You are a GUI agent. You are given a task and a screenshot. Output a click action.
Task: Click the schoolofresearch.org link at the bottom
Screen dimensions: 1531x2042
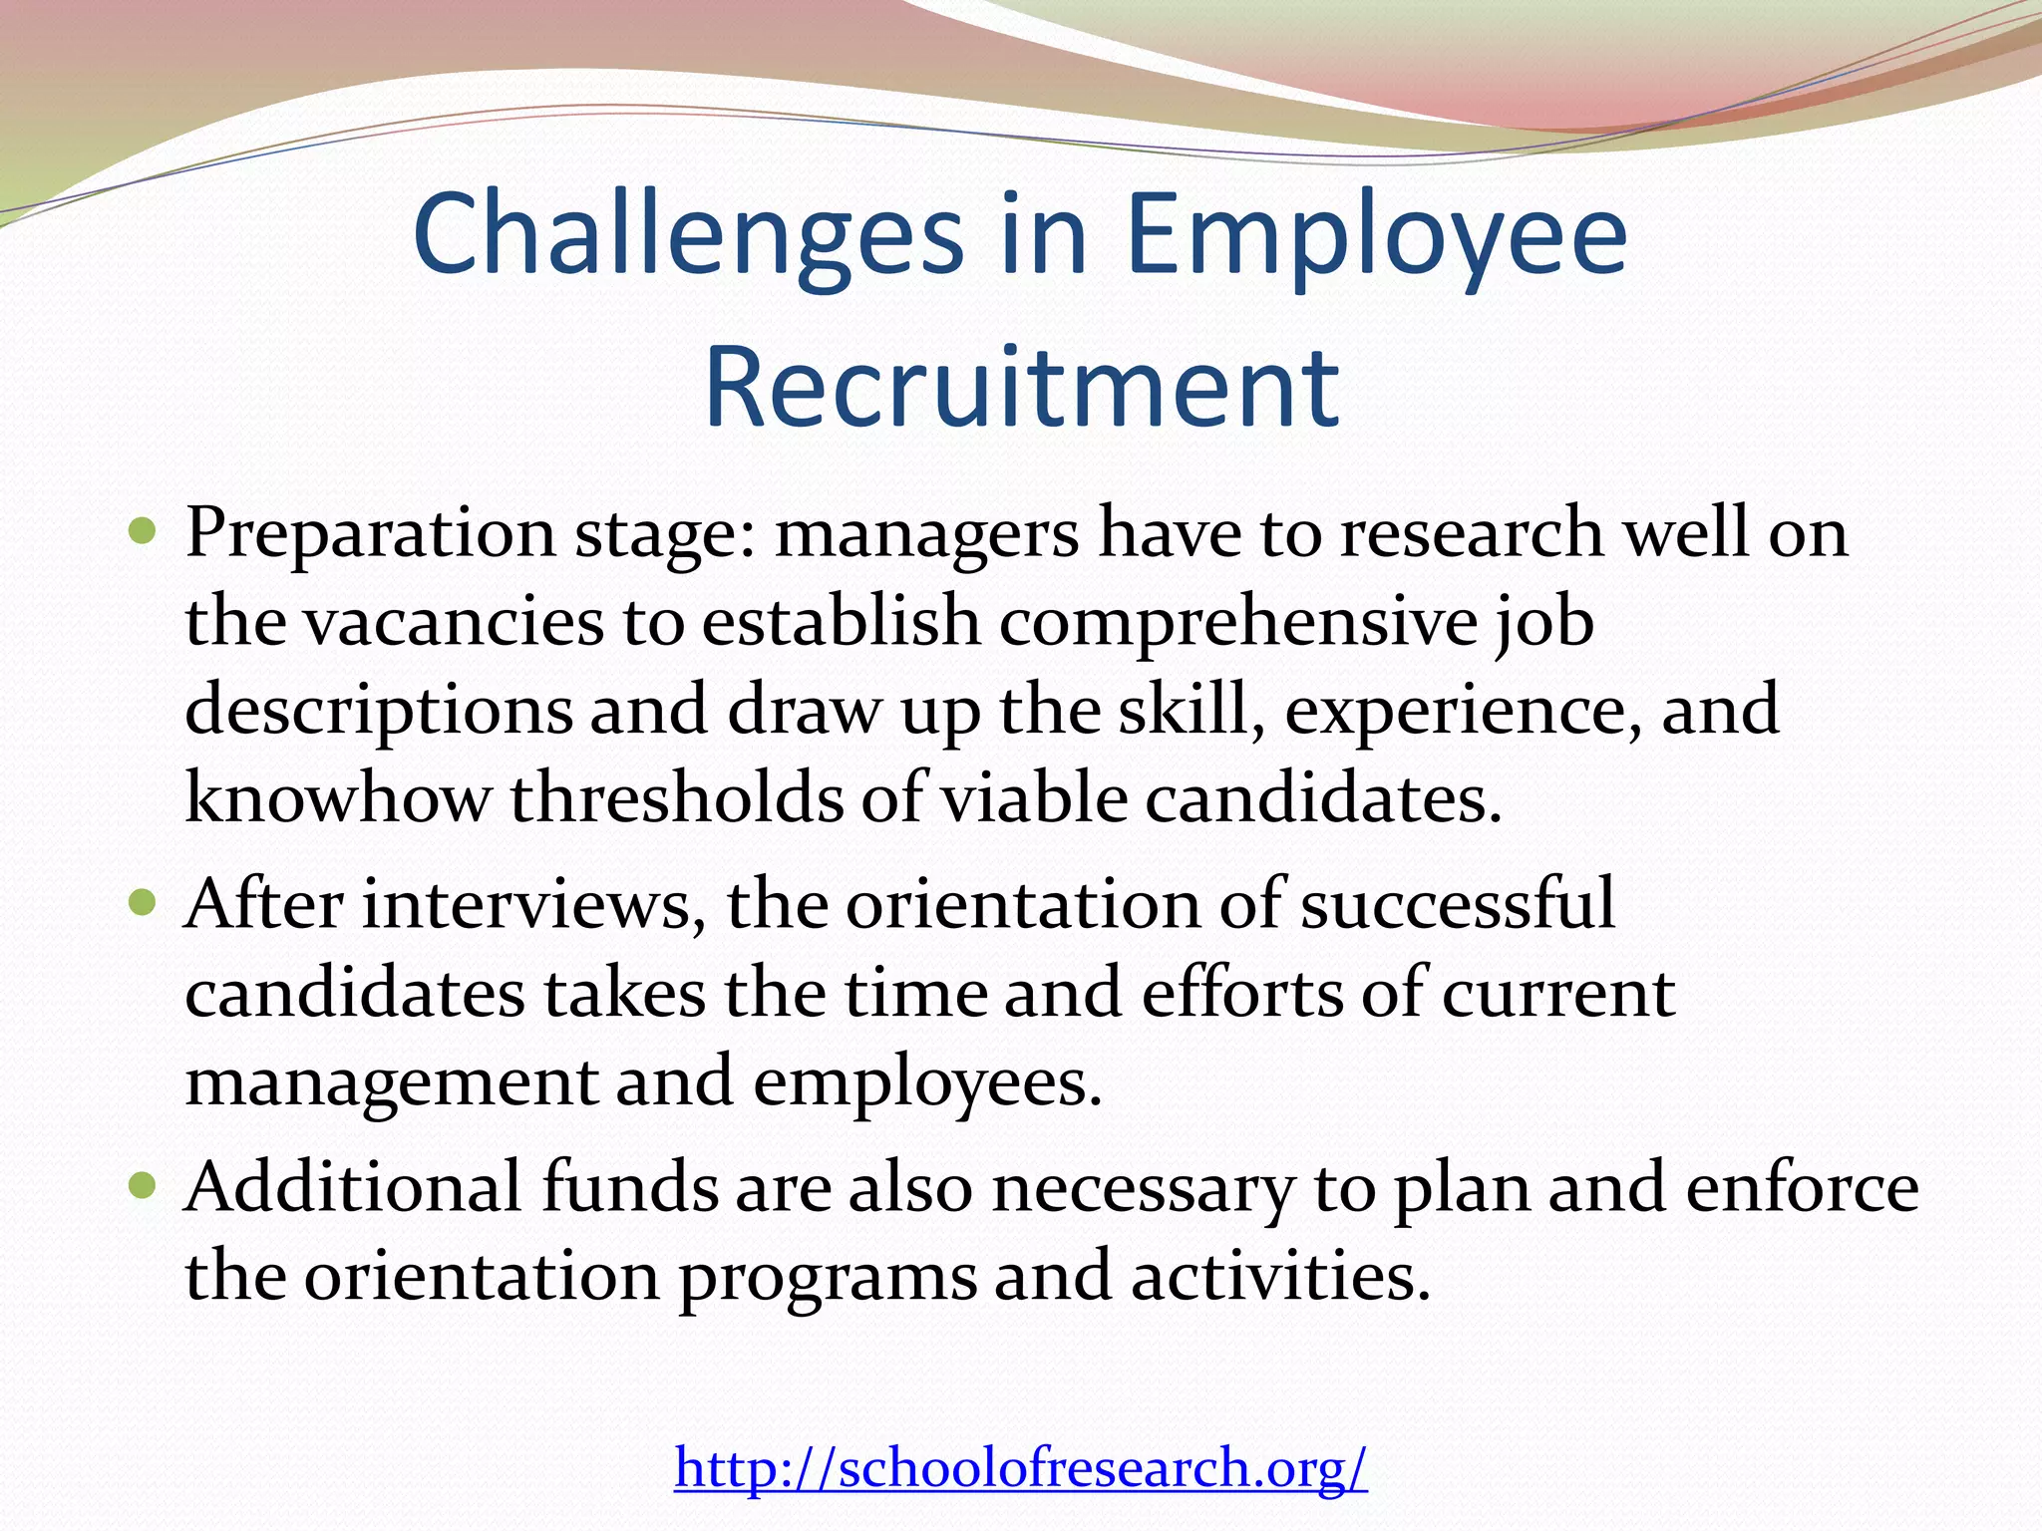[1021, 1467]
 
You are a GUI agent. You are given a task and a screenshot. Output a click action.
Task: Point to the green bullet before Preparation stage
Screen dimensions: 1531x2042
[144, 530]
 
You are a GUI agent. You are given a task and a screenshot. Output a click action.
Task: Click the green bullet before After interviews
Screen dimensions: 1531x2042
[144, 903]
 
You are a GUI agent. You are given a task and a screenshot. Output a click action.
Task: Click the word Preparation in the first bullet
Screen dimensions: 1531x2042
[369, 534]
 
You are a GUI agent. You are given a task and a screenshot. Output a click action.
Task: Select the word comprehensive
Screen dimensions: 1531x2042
[1236, 622]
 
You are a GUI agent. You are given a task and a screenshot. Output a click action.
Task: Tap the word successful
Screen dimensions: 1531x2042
[1457, 905]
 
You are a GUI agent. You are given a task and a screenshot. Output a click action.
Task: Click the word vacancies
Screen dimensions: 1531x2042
[454, 622]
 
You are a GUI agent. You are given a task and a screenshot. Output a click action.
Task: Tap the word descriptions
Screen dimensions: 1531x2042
[379, 712]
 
